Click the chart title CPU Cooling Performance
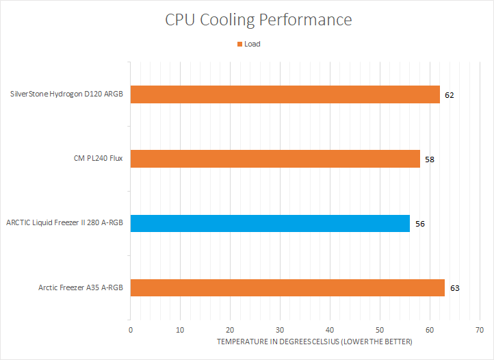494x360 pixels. tap(259, 19)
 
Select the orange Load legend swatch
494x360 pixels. tap(239, 44)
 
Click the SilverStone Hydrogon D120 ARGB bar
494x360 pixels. tap(285, 94)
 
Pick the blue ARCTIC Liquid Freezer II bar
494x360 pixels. tap(270, 223)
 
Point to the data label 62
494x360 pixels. tap(449, 95)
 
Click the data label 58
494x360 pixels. tap(429, 159)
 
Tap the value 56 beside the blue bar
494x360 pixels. tap(419, 224)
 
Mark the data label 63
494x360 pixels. tap(454, 288)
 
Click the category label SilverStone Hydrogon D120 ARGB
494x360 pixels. tap(67, 94)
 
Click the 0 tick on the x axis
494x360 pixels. tap(131, 329)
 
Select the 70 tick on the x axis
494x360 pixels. tap(479, 329)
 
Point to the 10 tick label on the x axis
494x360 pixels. tap(180, 329)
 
